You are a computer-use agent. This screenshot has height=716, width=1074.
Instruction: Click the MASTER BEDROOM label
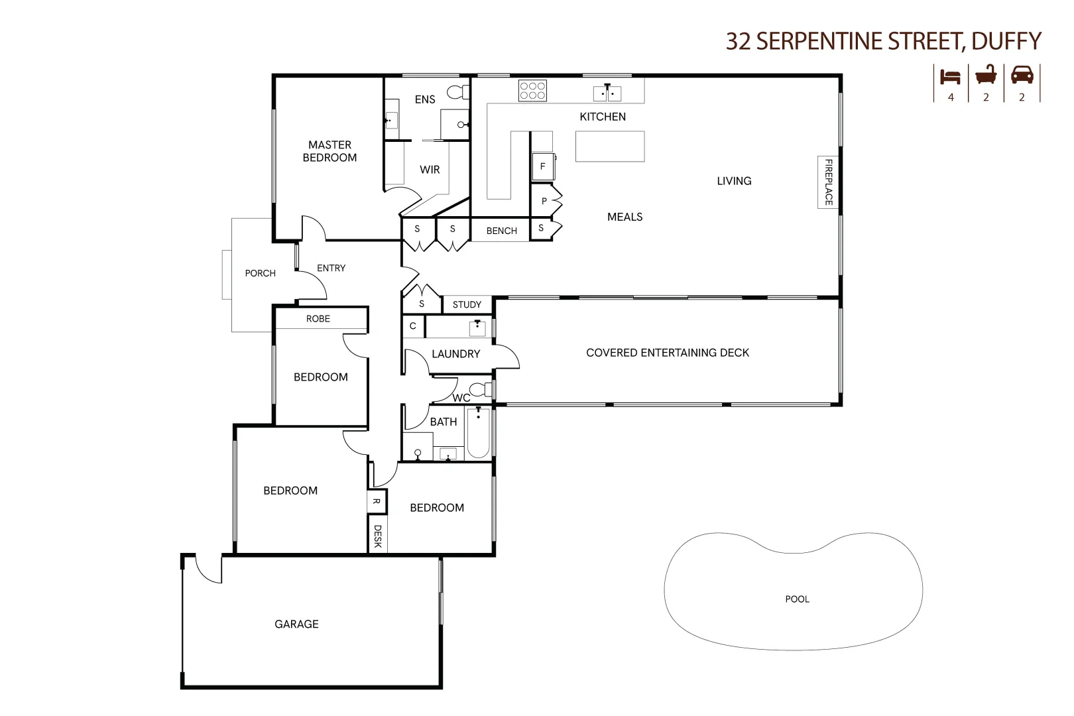[329, 151]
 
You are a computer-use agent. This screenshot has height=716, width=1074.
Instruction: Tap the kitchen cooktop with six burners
[532, 91]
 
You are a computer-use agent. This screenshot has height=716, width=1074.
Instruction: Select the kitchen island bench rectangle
[609, 147]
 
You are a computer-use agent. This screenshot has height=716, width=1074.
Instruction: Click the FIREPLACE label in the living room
[828, 182]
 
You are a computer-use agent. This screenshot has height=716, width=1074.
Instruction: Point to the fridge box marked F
[542, 166]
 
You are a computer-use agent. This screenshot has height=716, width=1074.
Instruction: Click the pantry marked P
[544, 201]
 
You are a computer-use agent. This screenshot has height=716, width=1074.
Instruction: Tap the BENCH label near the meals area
[501, 231]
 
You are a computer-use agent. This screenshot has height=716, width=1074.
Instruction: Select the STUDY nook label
[467, 305]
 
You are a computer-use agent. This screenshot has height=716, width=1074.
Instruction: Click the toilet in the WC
[479, 389]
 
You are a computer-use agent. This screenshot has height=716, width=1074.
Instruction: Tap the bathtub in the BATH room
[478, 434]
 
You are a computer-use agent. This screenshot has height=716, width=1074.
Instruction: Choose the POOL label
[797, 599]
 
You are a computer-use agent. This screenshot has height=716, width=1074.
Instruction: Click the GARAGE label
[296, 625]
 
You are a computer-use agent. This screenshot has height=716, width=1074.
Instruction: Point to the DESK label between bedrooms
[377, 536]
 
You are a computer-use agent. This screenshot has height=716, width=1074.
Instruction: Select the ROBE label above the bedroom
[318, 319]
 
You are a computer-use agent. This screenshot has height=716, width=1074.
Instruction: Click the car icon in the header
[1022, 75]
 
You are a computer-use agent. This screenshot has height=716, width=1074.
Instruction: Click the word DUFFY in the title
[1006, 41]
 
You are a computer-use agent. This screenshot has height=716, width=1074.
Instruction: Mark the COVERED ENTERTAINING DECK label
[667, 353]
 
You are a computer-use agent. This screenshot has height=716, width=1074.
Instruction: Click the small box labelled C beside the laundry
[413, 326]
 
